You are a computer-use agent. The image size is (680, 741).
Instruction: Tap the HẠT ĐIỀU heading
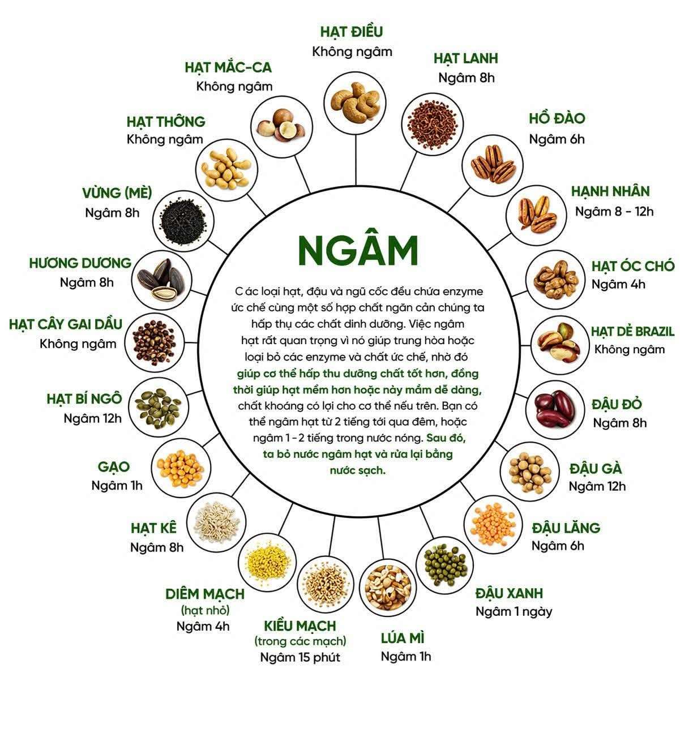(x=352, y=31)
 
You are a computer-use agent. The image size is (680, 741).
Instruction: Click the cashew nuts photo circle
(x=355, y=103)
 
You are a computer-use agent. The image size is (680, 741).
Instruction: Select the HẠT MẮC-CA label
(x=228, y=67)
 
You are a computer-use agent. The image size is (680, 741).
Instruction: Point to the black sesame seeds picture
(x=183, y=221)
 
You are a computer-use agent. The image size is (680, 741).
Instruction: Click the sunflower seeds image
(x=161, y=280)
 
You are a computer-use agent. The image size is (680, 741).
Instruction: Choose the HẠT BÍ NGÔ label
(x=84, y=399)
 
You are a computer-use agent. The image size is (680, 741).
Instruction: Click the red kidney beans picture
(x=555, y=410)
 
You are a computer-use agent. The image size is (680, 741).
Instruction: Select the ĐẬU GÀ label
(x=596, y=468)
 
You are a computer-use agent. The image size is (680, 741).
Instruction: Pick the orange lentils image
(x=493, y=524)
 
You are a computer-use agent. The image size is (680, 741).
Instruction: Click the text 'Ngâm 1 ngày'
(x=514, y=611)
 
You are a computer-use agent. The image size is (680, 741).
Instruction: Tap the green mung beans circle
(x=444, y=565)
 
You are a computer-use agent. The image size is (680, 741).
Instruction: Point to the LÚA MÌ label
(x=403, y=638)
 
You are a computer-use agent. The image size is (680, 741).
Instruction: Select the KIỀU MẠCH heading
(x=300, y=626)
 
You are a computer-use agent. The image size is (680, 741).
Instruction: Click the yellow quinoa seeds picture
(x=267, y=562)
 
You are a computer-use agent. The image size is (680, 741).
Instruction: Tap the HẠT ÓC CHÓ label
(x=633, y=266)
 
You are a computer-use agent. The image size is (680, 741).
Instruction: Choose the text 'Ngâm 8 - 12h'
(x=614, y=211)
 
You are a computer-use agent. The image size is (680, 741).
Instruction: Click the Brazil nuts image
(x=561, y=345)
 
